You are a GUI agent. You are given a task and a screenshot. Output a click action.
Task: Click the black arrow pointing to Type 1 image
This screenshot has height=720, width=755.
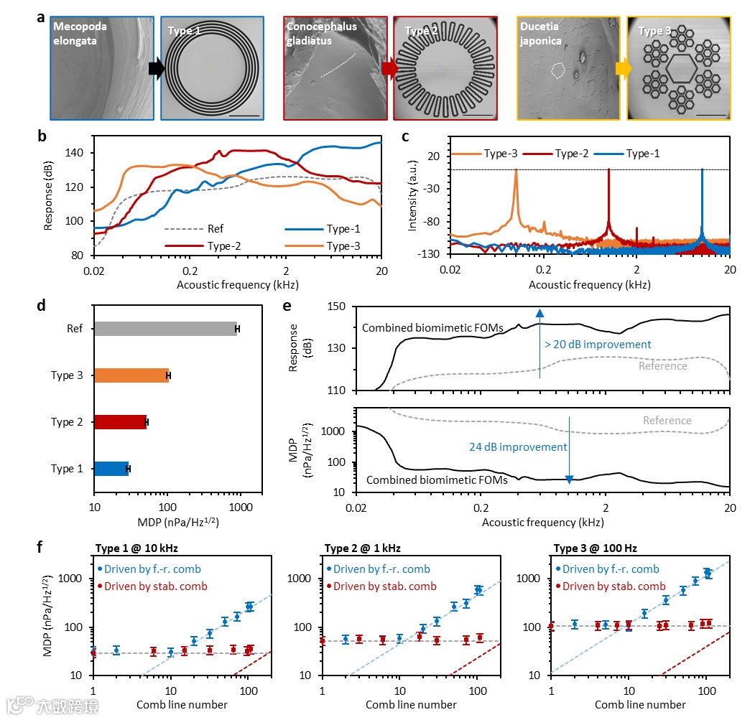click(x=156, y=68)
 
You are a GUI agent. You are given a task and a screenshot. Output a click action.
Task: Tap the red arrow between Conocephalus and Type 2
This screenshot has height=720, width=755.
click(x=389, y=68)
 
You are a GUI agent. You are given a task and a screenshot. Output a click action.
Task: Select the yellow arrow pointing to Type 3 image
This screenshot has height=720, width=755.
click(x=623, y=68)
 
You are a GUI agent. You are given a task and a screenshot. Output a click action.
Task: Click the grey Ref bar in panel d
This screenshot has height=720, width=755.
click(x=165, y=329)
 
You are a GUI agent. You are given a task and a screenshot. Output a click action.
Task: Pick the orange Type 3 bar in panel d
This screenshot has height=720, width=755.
click(x=131, y=375)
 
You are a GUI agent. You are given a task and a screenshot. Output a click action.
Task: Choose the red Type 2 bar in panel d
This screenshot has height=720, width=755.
click(x=120, y=422)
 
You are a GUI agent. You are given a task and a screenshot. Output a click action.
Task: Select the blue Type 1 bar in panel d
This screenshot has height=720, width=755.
click(x=111, y=469)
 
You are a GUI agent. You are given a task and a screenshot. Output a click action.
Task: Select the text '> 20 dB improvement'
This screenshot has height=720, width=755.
click(x=598, y=345)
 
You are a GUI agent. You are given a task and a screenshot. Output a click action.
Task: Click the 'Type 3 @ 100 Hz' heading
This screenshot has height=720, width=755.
click(x=596, y=549)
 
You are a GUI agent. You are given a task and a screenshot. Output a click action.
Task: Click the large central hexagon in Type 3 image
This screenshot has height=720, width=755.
click(x=679, y=69)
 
